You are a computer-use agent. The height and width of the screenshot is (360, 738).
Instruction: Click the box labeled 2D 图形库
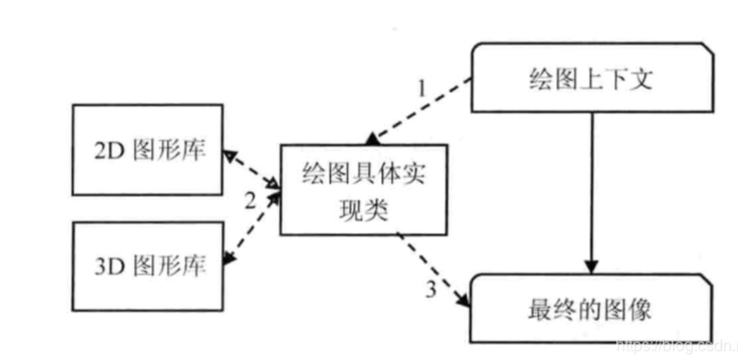[x=147, y=150]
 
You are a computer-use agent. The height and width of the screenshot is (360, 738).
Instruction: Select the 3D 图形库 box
[x=147, y=265]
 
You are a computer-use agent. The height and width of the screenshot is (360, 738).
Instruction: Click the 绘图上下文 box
[x=591, y=78]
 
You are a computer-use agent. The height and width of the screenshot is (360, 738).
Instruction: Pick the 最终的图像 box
[x=591, y=308]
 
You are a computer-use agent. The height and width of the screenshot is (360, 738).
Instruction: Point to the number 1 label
[x=422, y=90]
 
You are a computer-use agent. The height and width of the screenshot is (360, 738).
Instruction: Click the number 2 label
[x=250, y=201]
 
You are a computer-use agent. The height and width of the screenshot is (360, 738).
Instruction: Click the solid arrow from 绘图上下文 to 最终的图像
[x=591, y=191]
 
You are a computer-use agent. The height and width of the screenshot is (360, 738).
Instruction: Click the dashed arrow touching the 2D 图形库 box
[x=253, y=169]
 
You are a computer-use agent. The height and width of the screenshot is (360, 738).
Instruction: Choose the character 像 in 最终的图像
[x=639, y=309]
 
